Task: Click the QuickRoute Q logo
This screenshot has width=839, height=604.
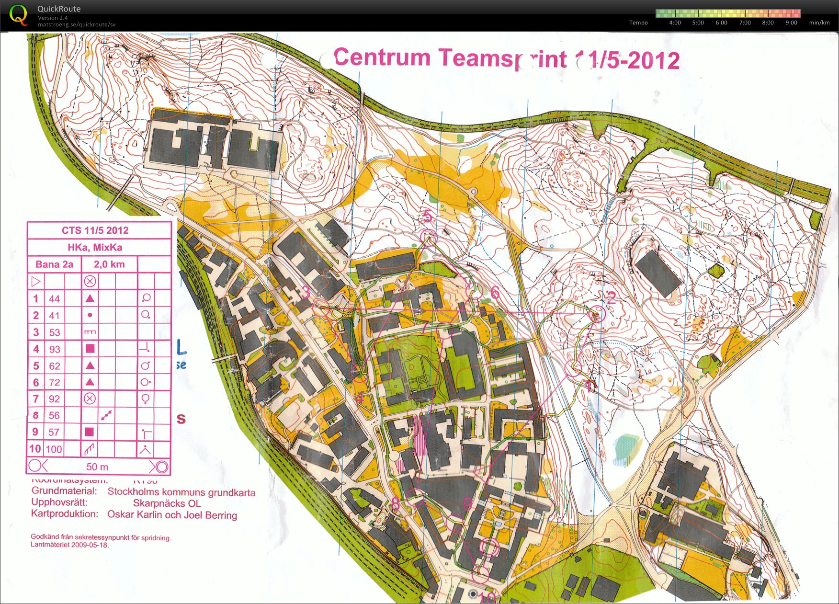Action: (18, 15)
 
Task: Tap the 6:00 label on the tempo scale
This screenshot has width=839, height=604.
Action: (721, 23)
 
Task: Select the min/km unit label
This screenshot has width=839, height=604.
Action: (819, 23)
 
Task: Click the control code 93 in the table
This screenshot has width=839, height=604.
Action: (55, 349)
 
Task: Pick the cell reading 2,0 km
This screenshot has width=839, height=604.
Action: (109, 264)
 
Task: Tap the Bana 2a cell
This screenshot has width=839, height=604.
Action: (54, 264)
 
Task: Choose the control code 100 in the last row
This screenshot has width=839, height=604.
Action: (54, 449)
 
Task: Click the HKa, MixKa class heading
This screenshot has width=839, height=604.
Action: (95, 248)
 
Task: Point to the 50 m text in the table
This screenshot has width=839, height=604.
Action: (97, 467)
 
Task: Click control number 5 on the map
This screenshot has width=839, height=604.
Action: (428, 217)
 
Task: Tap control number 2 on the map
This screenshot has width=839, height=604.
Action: (611, 298)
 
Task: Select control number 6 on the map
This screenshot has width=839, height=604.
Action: (495, 293)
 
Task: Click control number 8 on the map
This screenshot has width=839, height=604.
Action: (396, 503)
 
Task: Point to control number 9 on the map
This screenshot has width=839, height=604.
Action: (467, 503)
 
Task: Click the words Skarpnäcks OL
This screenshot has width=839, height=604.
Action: (167, 503)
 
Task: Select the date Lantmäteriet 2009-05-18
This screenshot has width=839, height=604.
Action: (70, 545)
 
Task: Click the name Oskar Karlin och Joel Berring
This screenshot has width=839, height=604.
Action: (172, 515)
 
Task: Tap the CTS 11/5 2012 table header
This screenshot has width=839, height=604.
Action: (95, 230)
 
